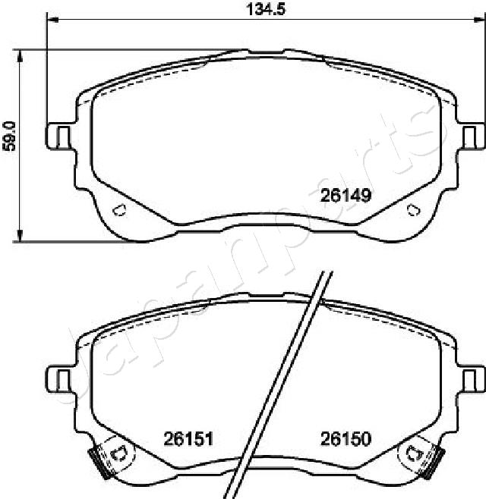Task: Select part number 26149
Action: (x=346, y=196)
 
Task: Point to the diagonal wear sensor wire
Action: (x=285, y=379)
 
